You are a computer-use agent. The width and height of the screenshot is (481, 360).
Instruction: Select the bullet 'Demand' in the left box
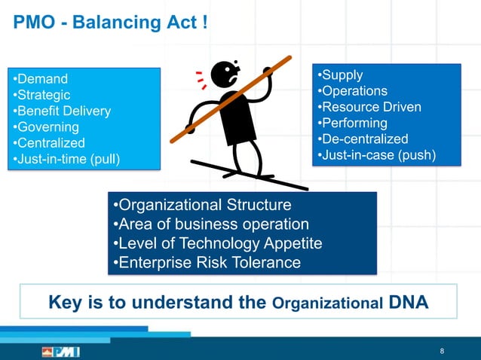point(42,79)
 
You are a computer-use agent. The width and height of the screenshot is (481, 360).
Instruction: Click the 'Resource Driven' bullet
point(369,107)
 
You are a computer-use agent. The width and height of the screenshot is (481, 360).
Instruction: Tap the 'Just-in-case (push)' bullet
point(377,156)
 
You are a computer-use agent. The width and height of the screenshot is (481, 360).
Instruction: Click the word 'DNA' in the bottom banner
point(409,303)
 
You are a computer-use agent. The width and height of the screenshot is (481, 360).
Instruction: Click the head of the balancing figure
point(224,74)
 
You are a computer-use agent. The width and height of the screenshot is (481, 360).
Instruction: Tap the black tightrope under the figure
point(249,174)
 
